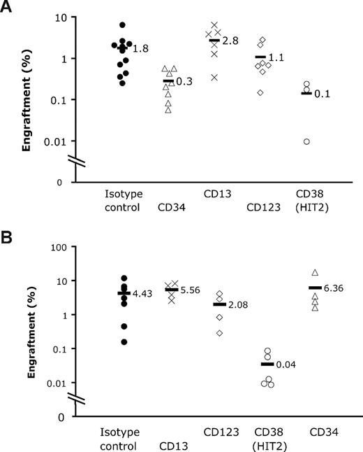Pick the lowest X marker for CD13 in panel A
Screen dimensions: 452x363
coord(214,77)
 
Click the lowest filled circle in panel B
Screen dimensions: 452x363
coord(124,342)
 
